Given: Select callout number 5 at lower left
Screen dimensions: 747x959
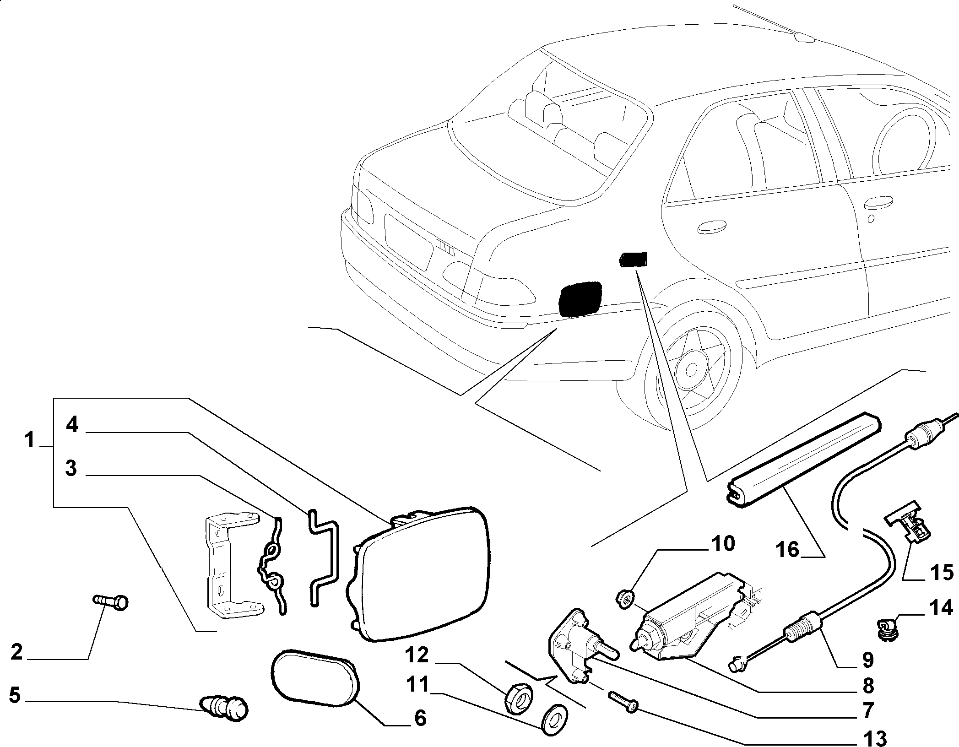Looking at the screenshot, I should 15,695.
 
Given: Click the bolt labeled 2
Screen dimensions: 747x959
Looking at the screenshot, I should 111,602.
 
